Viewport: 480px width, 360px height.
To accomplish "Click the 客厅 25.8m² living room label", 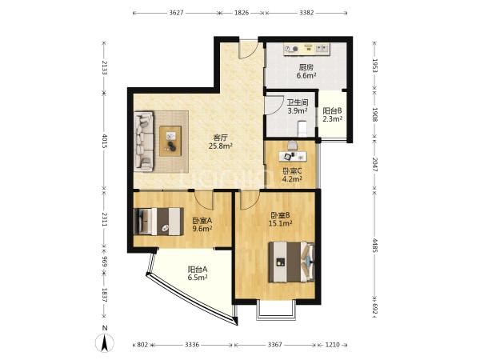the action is [x=221, y=141].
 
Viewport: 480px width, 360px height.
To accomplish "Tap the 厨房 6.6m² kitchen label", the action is [x=306, y=71].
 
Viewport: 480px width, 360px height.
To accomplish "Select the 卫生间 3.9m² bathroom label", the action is [x=298, y=106].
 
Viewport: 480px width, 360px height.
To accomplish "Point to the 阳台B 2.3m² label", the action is [x=333, y=114].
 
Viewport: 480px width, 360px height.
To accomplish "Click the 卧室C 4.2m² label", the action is [x=292, y=174].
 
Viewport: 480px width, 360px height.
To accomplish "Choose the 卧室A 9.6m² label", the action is [x=202, y=224].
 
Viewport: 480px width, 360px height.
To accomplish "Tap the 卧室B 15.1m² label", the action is [x=280, y=219].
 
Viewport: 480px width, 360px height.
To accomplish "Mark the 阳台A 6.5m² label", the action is [x=198, y=274].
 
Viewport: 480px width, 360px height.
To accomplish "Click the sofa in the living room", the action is [x=144, y=141].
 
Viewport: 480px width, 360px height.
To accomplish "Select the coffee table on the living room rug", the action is [x=170, y=141].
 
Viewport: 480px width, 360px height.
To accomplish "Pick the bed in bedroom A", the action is [x=159, y=222].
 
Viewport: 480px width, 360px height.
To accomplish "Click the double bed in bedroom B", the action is [x=291, y=262].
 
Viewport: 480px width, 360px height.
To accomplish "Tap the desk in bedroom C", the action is [x=293, y=156].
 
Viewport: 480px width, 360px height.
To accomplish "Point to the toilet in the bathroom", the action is [x=302, y=129].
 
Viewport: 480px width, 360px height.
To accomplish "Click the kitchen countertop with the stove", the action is [x=306, y=50].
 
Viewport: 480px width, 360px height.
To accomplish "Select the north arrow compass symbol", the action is [x=105, y=343].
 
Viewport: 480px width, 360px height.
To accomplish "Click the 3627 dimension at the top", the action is [x=176, y=13].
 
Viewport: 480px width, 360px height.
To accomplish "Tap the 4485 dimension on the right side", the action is [x=374, y=244].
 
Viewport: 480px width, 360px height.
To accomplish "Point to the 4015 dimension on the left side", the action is [x=104, y=141].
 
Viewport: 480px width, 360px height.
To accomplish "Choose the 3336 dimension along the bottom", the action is [x=192, y=345].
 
